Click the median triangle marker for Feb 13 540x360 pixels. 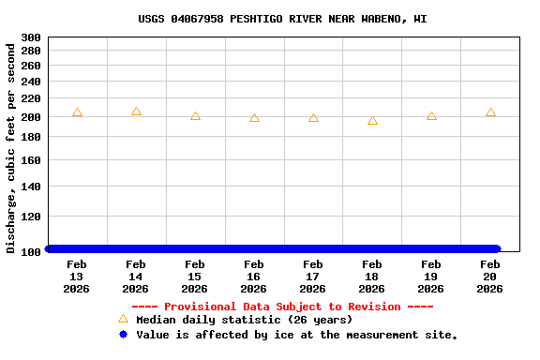point(77,112)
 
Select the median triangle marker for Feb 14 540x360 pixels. point(136,112)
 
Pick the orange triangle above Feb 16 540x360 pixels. point(254,118)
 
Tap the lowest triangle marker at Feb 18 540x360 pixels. point(372,121)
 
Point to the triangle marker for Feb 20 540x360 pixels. point(490,112)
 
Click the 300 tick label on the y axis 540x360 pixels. point(31,37)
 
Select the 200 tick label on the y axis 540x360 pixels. point(31,117)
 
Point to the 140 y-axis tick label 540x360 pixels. point(31,187)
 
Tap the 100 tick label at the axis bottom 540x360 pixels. point(31,251)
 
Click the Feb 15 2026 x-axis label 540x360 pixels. point(195,277)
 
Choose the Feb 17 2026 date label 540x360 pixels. point(313,277)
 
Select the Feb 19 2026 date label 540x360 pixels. point(431,277)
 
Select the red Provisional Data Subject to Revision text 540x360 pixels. point(282,307)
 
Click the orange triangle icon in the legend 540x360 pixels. point(123,319)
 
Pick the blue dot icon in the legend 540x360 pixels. point(123,335)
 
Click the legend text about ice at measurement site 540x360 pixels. point(296,335)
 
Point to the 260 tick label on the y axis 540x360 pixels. point(31,66)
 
